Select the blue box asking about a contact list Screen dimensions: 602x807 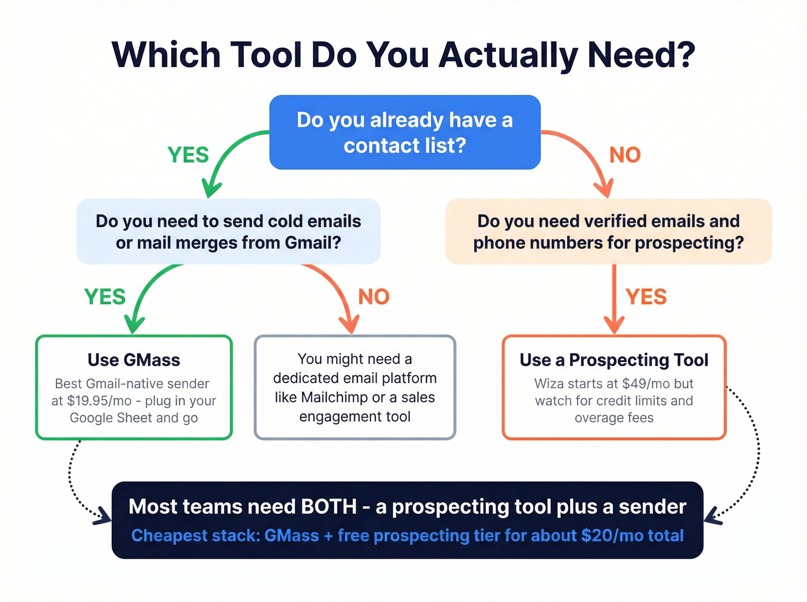(405, 132)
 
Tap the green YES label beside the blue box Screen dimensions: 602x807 (188, 155)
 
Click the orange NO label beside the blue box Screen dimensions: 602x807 (625, 155)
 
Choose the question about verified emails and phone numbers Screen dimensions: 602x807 (608, 232)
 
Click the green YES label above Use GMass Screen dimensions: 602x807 (105, 297)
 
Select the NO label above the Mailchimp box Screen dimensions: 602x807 (374, 297)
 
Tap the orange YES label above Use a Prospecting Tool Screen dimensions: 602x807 (646, 297)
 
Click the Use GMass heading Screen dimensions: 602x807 (134, 360)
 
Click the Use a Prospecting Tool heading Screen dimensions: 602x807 (614, 360)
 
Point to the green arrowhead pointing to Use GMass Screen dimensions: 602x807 (134, 325)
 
